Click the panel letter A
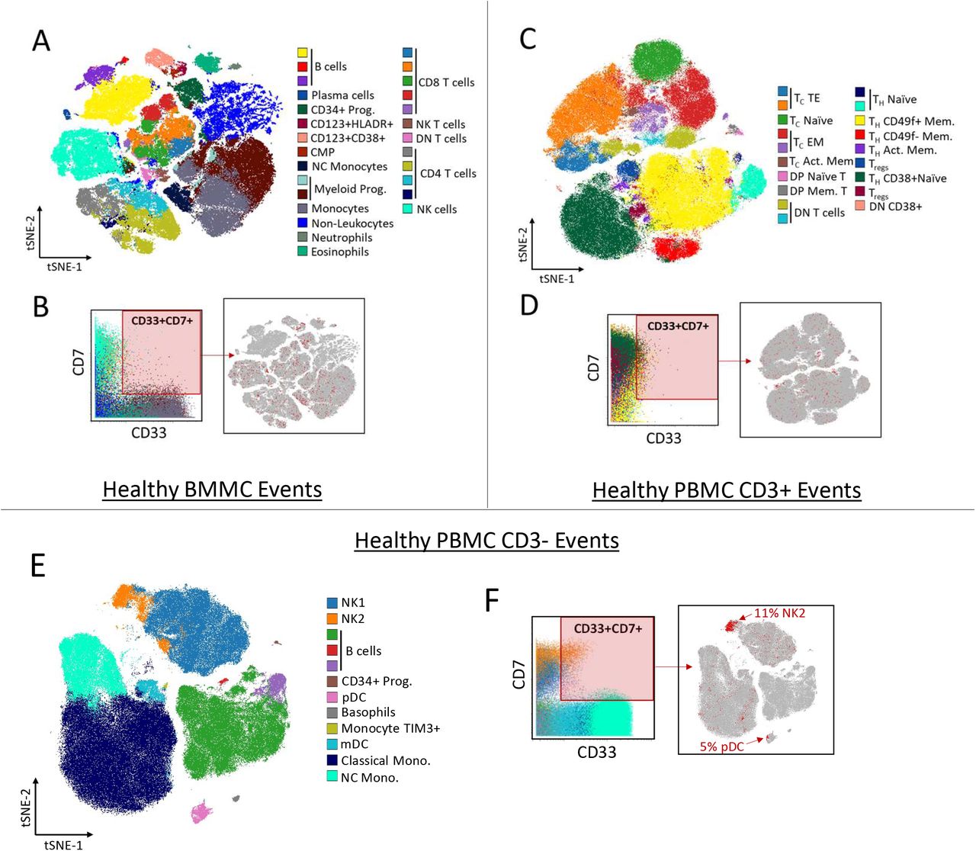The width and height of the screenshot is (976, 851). [x=41, y=40]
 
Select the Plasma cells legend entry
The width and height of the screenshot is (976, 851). [x=342, y=95]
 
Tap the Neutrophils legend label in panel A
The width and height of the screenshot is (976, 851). [x=342, y=237]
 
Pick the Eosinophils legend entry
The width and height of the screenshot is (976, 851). [x=339, y=252]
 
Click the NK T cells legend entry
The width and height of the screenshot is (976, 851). [x=440, y=124]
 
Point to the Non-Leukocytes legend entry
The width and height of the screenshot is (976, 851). [x=352, y=223]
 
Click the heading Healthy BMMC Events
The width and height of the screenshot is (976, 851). [x=212, y=490]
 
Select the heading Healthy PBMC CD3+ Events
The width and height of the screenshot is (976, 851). [x=726, y=490]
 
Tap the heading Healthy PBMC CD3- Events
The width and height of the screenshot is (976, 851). [x=486, y=541]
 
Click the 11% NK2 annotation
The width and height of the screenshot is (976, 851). [x=779, y=612]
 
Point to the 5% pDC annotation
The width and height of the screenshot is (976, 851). [x=721, y=747]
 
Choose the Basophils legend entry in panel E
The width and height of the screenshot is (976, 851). [x=368, y=712]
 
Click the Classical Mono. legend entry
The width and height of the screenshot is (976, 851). [x=385, y=760]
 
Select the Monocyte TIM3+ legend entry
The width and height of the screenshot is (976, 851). [x=390, y=728]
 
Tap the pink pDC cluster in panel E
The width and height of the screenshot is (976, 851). [x=202, y=811]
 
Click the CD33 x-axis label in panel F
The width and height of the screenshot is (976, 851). [x=596, y=753]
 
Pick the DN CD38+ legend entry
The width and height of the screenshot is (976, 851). [x=894, y=207]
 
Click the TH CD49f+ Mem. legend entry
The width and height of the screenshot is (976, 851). [x=910, y=121]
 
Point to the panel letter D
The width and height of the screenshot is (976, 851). [x=528, y=305]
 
